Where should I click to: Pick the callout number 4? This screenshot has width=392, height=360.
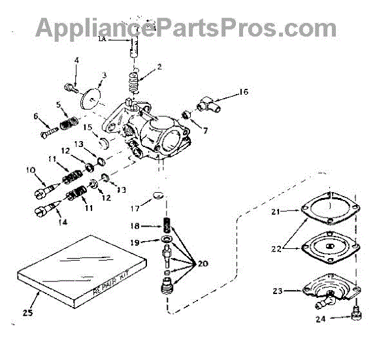(x=76, y=61)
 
